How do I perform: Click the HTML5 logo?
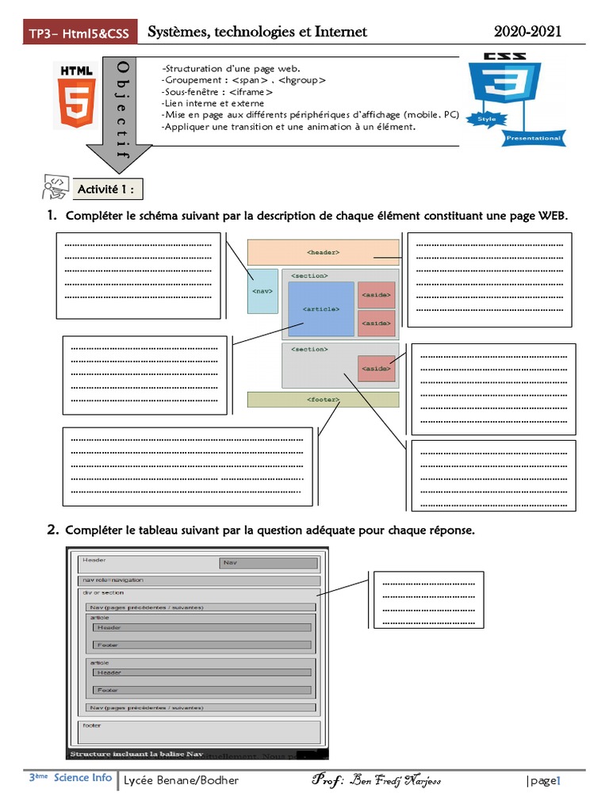[75, 94]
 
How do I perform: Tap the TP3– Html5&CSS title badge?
[79, 33]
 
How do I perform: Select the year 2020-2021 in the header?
[527, 32]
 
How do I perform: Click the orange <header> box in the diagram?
[323, 252]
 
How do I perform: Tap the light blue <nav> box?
[262, 291]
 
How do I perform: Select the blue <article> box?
[320, 309]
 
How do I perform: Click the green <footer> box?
[323, 400]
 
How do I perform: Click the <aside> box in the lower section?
[376, 368]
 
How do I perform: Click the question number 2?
[52, 530]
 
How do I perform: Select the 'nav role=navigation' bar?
[199, 580]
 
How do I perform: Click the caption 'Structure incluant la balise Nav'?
[136, 754]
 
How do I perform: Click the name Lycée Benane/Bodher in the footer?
[181, 780]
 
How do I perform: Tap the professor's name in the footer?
[377, 780]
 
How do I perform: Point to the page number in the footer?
[543, 781]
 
